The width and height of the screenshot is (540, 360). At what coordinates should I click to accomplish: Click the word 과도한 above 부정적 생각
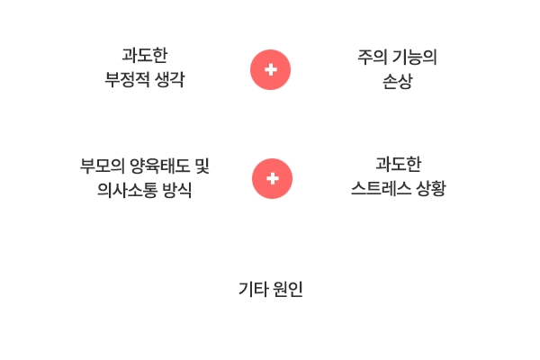(145, 55)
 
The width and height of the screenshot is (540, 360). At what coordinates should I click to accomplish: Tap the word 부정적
(127, 79)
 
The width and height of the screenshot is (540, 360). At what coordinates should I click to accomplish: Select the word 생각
(169, 79)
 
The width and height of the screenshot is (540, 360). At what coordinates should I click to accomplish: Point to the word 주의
(373, 57)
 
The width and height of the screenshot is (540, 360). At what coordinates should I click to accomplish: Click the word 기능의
(415, 57)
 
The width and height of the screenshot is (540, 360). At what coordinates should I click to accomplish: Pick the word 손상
(398, 81)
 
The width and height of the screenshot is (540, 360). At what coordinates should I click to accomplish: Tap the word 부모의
(103, 166)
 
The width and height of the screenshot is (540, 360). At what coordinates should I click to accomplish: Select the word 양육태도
(160, 166)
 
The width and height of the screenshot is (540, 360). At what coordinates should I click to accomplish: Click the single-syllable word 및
(202, 166)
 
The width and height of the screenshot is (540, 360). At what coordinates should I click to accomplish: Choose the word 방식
(176, 190)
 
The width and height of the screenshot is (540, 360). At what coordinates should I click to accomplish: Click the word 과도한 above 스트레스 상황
(399, 164)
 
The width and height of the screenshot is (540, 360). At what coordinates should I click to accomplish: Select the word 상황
(431, 188)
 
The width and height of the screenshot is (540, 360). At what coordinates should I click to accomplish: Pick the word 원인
(288, 289)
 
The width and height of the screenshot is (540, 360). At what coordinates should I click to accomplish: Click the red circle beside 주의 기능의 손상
(270, 69)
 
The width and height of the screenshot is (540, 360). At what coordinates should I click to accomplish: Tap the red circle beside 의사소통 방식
(272, 178)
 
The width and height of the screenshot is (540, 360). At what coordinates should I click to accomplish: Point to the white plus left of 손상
(271, 69)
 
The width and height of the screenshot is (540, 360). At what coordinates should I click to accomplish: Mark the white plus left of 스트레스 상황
(273, 178)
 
